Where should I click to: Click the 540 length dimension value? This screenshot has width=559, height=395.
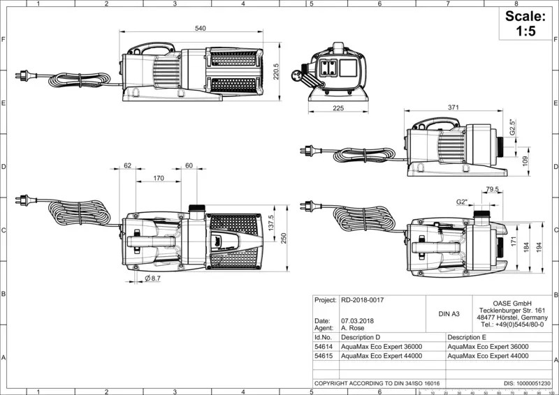pos(201,29)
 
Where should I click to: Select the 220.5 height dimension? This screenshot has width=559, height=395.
pos(275,72)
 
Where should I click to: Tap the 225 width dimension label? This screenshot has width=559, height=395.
pos(338,108)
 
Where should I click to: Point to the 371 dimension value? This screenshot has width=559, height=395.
pos(453,107)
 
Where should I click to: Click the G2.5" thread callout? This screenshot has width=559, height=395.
pos(513,127)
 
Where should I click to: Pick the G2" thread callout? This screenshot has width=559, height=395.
pos(462,202)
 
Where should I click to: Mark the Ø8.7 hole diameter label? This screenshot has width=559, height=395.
pos(152,278)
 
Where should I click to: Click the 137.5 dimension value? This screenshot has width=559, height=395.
pos(271,223)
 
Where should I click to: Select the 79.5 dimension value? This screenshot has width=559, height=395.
pos(492,190)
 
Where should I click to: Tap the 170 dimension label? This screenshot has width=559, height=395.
pos(159,178)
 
